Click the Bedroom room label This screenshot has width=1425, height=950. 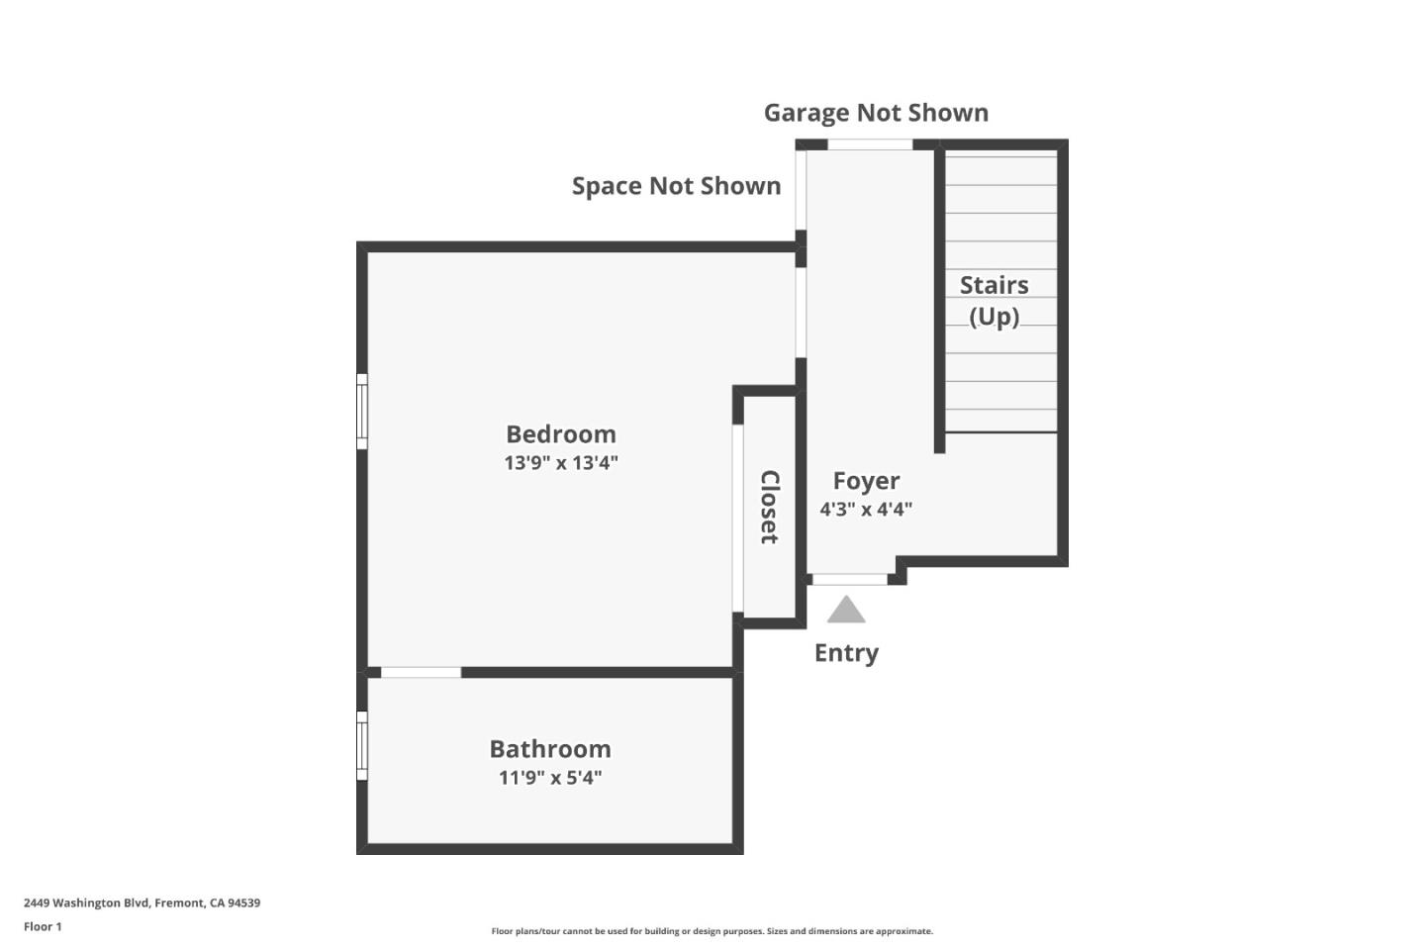560,434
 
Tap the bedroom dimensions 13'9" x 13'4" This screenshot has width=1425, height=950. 560,462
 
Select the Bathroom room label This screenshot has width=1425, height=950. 550,749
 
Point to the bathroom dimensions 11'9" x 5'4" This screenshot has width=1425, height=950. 550,778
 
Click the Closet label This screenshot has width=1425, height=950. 769,507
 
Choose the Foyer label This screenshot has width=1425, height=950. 866,481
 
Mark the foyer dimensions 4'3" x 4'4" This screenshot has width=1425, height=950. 866,510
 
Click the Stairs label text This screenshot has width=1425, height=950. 994,286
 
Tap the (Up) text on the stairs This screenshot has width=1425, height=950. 994,317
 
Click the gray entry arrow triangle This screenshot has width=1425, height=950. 846,611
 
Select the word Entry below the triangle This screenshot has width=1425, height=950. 846,653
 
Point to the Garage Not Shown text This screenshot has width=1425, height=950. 876,113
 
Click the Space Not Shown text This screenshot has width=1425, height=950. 676,186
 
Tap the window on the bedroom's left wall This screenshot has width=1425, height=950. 362,412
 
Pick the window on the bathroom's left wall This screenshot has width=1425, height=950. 362,745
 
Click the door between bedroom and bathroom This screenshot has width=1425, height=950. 421,673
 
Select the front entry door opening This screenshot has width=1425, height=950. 849,580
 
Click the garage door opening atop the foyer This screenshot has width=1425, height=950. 870,145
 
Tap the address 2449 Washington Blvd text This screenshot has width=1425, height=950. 142,903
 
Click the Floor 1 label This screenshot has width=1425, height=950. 43,927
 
